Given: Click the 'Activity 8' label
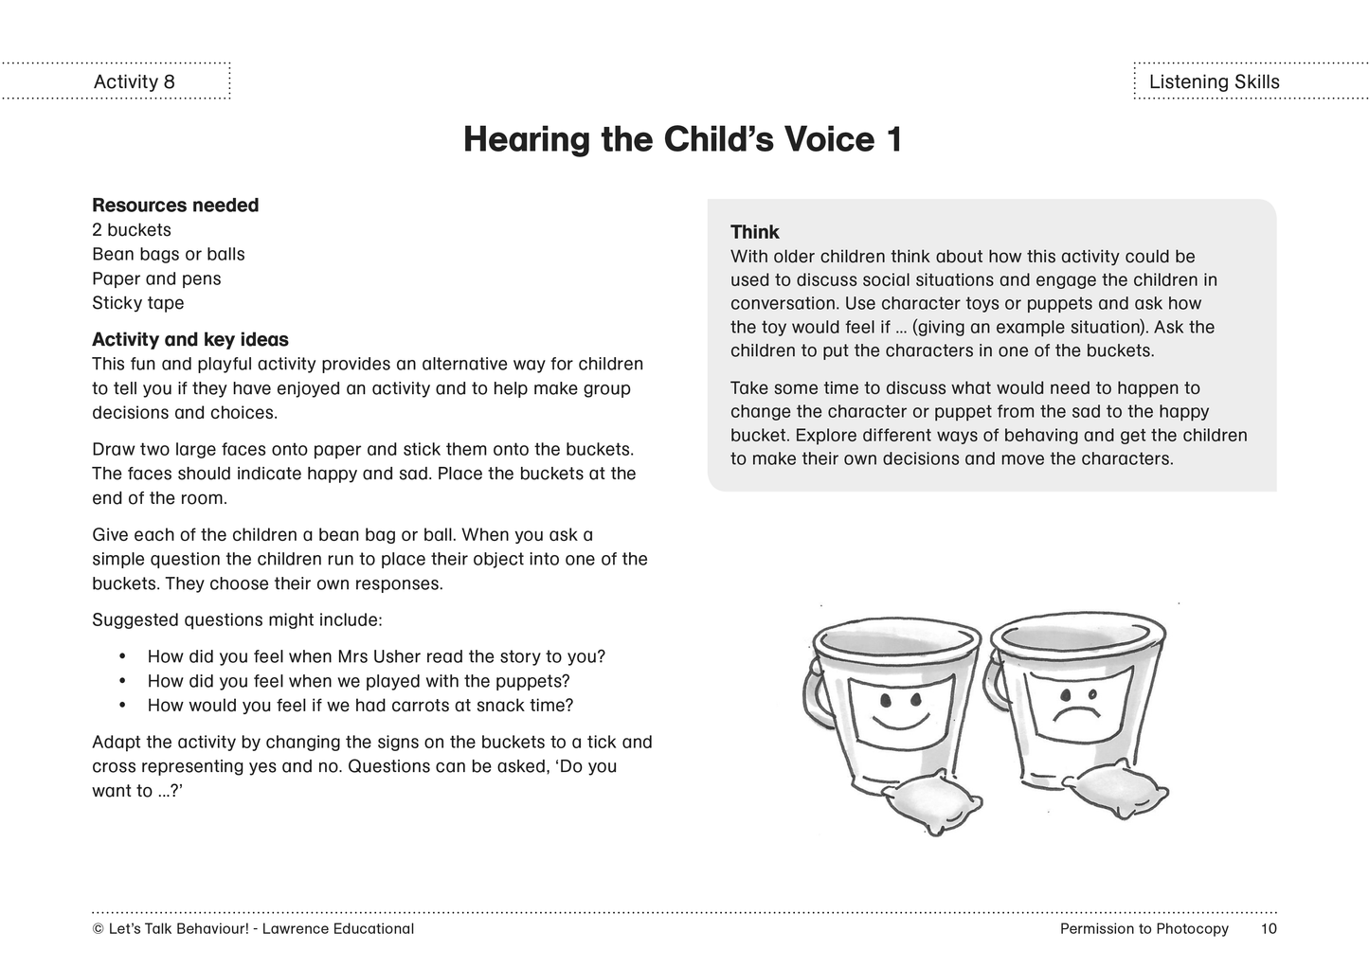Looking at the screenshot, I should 134,81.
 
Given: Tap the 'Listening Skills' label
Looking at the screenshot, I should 1214,81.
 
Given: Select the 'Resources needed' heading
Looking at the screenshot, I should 175,206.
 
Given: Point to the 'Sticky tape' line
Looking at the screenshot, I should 138,303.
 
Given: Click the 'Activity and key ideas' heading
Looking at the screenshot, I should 190,339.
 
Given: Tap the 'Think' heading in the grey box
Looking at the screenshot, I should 754,232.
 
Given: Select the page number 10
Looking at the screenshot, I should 1269,929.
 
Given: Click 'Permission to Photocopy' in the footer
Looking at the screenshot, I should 1144,929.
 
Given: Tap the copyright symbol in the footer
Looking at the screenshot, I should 98,929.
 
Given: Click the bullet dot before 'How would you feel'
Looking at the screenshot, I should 122,706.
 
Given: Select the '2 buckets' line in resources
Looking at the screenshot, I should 132,230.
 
